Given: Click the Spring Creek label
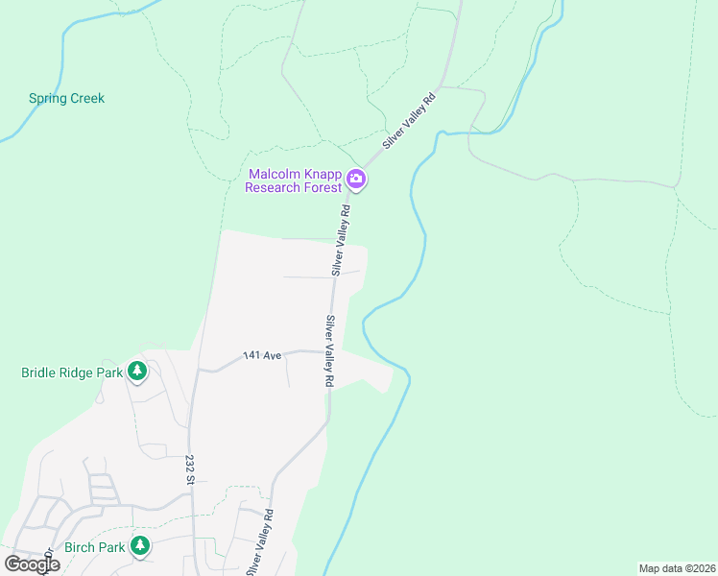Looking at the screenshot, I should [x=66, y=98].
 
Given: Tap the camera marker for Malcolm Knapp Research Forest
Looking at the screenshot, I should [x=356, y=179].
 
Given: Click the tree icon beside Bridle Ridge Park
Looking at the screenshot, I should [x=137, y=371].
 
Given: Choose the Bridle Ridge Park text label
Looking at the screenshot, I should [x=72, y=372].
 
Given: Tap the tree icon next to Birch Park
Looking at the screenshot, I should [x=141, y=546].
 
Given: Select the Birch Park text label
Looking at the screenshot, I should [x=95, y=547].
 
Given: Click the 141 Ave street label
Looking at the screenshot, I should [x=262, y=355].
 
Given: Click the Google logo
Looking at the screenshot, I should [x=32, y=564].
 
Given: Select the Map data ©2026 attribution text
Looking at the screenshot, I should [x=677, y=568].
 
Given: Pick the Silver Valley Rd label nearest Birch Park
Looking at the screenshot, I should [x=261, y=542].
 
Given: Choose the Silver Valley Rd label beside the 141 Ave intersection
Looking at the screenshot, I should [x=329, y=351].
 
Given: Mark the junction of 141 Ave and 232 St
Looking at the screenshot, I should [x=197, y=369].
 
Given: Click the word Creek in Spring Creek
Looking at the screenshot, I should [x=86, y=98].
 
